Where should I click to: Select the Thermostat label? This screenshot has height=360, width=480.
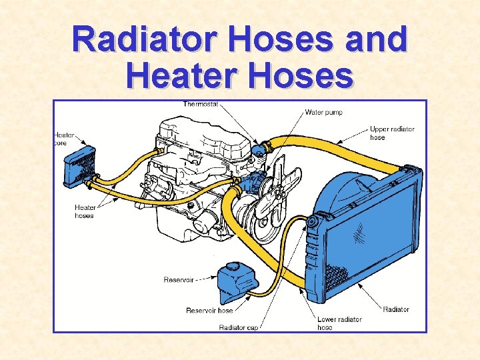(201, 105)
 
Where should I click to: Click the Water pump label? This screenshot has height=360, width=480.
(323, 112)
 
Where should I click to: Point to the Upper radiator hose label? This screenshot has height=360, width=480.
(392, 133)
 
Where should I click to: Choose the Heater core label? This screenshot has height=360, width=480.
(65, 139)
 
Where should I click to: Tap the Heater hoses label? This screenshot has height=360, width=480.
(85, 211)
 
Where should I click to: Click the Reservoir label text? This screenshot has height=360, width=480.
(178, 280)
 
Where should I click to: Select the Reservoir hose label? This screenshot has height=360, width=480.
(209, 311)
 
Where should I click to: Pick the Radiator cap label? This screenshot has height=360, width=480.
(238, 327)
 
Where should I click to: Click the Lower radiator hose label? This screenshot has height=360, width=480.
(339, 323)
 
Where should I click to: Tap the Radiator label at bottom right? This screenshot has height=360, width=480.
(396, 309)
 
